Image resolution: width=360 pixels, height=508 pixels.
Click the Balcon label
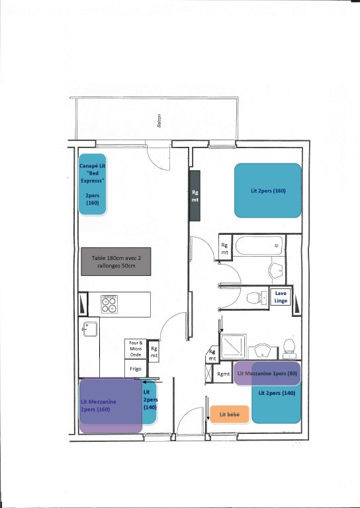click(159, 122)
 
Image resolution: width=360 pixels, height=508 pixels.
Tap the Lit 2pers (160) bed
click(268, 190)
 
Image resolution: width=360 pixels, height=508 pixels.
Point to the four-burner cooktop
click(109, 304)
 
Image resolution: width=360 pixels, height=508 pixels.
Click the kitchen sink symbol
click(90, 329)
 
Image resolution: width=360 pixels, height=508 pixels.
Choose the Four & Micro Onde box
click(136, 349)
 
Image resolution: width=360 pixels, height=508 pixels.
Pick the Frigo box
click(135, 368)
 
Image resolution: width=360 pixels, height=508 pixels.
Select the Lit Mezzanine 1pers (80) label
click(268, 374)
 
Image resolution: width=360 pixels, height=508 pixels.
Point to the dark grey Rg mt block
click(195, 196)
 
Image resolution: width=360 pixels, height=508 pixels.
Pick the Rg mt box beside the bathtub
click(226, 248)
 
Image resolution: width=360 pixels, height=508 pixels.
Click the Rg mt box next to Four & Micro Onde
click(154, 352)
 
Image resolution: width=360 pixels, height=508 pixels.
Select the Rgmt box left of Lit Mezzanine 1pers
click(224, 374)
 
